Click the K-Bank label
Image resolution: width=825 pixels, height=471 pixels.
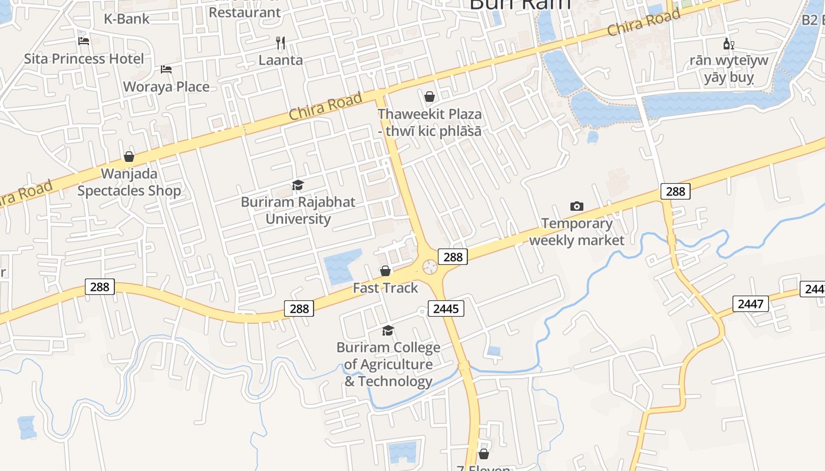pyautogui.click(x=127, y=19)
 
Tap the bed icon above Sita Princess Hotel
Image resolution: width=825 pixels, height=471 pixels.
pyautogui.click(x=84, y=41)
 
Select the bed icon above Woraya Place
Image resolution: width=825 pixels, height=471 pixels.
pyautogui.click(x=166, y=69)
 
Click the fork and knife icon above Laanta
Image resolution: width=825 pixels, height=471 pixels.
pyautogui.click(x=280, y=42)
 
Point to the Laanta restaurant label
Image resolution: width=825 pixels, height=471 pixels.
pyautogui.click(x=280, y=60)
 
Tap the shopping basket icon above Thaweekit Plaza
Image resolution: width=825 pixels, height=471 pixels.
pyautogui.click(x=430, y=96)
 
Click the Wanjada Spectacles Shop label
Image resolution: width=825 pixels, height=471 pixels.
pyautogui.click(x=129, y=183)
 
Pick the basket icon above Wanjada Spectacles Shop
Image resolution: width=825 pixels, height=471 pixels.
pyautogui.click(x=129, y=157)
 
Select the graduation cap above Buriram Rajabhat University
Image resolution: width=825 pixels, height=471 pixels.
pyautogui.click(x=298, y=185)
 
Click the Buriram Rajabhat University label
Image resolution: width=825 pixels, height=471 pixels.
pyautogui.click(x=298, y=211)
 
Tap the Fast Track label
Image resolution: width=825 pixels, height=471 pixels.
pyautogui.click(x=385, y=288)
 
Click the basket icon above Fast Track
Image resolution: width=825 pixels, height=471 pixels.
pyautogui.click(x=385, y=271)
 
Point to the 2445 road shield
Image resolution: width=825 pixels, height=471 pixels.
pyautogui.click(x=445, y=309)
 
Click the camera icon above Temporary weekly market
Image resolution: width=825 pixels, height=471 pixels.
pyautogui.click(x=577, y=206)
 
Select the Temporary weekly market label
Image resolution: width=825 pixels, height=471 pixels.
pyautogui.click(x=577, y=232)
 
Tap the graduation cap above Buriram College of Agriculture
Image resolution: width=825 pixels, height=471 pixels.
pyautogui.click(x=388, y=331)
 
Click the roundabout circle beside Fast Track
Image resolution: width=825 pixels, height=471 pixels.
pyautogui.click(x=430, y=267)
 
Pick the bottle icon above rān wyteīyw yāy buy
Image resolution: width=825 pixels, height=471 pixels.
pyautogui.click(x=729, y=44)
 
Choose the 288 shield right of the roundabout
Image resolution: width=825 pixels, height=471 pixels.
pyautogui.click(x=453, y=257)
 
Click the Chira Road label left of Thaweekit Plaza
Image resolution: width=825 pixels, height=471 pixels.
pyautogui.click(x=325, y=107)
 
